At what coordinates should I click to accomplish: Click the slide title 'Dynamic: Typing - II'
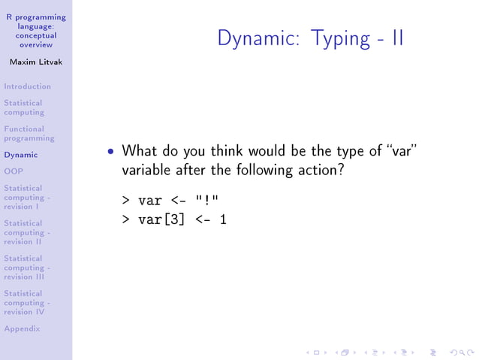point(310,38)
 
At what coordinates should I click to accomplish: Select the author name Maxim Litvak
point(35,62)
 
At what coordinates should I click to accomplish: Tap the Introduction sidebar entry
point(27,86)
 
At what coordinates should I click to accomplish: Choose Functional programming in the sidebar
point(29,134)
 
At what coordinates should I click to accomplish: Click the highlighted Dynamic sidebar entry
point(20,155)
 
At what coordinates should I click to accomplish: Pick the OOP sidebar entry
point(14,171)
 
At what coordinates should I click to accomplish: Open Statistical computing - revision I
point(26,197)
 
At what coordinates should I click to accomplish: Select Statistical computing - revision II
point(26,232)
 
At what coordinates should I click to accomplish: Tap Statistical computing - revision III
point(26,268)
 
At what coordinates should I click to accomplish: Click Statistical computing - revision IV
point(26,302)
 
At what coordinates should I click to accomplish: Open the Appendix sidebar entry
point(22,328)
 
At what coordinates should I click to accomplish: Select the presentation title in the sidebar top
point(35,31)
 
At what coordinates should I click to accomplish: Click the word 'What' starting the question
point(139,151)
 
